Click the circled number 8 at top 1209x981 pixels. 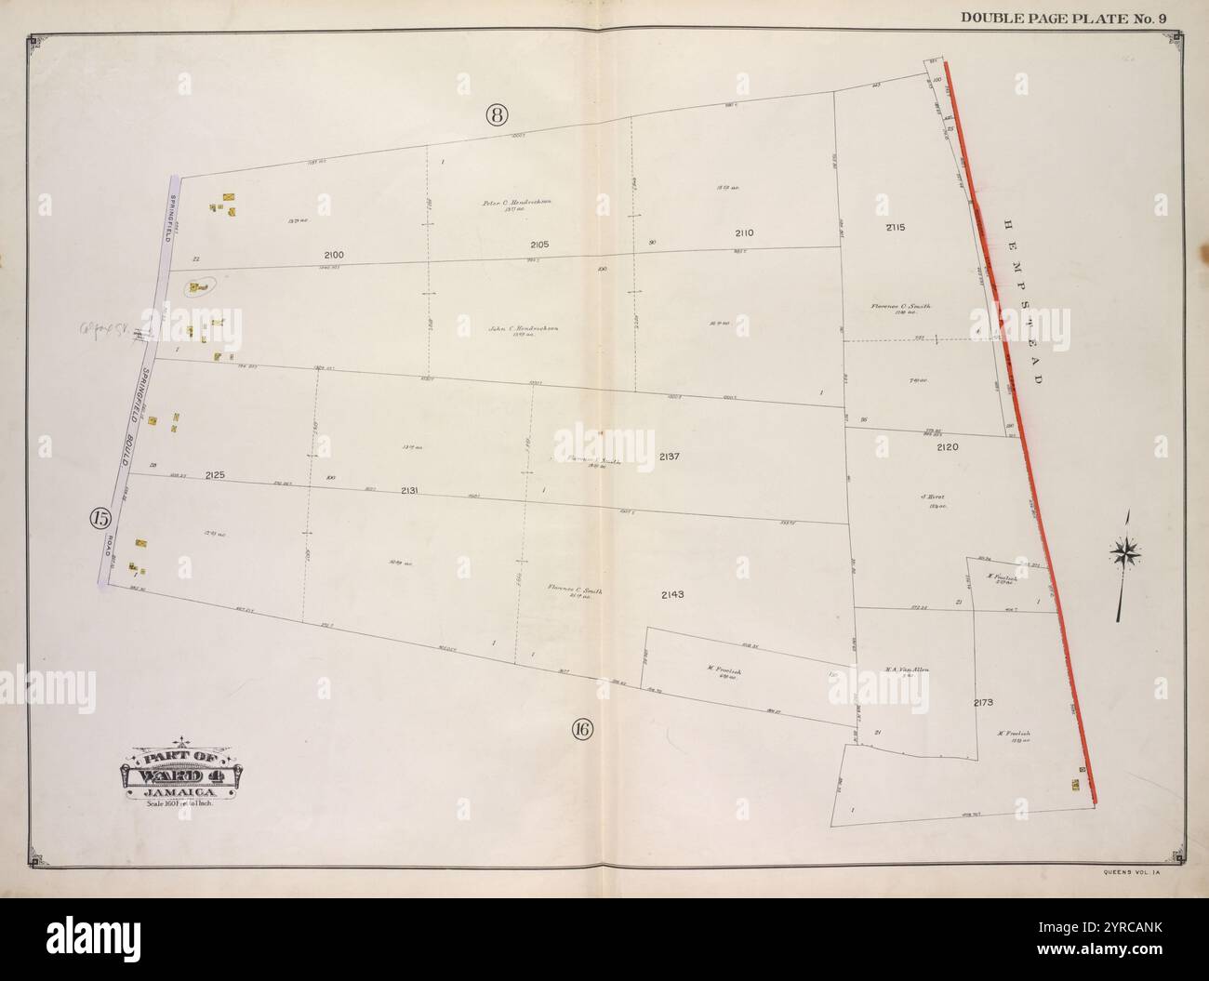click(496, 115)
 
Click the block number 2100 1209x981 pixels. click(334, 255)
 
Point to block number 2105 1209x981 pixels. click(539, 245)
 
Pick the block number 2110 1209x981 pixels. click(744, 233)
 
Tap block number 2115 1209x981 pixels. click(896, 227)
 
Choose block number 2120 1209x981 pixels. click(948, 447)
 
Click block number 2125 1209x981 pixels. click(215, 475)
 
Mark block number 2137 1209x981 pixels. click(671, 457)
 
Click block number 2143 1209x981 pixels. click(672, 594)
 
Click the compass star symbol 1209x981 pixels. click(1125, 554)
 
